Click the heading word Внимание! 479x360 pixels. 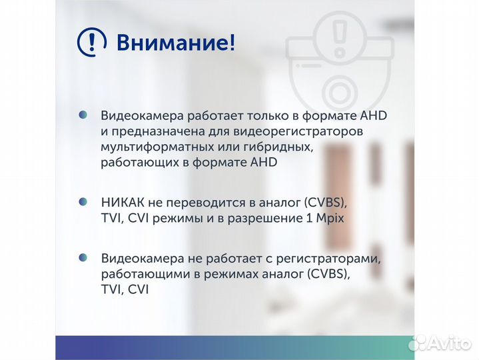(x=176, y=43)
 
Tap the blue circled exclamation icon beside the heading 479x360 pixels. (x=92, y=43)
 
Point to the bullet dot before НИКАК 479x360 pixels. (x=83, y=202)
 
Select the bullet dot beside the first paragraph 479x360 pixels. (x=83, y=115)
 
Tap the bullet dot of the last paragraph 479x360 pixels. (x=83, y=257)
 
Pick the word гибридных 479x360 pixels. (x=274, y=146)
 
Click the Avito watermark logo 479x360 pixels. (x=442, y=343)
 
